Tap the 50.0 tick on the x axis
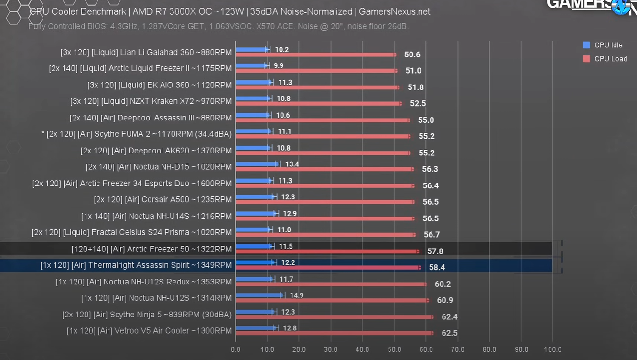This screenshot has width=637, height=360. pos(394,349)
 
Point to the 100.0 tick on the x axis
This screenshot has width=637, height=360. pos(553,349)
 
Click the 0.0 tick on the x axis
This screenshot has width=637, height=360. pos(236,349)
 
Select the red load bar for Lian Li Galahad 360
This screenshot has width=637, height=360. pos(315,55)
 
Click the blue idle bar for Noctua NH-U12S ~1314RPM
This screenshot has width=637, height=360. pos(259,295)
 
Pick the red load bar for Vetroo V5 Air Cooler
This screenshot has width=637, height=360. pos(335,333)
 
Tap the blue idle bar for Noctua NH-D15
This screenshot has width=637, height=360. pos(257,164)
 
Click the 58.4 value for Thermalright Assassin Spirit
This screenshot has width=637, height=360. pos(437,267)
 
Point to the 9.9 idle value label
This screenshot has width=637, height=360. pos(279,65)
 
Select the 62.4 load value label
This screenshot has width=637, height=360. pos(449,317)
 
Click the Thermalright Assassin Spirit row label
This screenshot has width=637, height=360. pos(136,265)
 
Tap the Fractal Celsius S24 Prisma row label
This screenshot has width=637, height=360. pos(132,232)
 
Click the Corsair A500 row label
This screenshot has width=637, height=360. pos(162,200)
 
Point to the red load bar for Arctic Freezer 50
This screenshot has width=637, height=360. pos(327,251)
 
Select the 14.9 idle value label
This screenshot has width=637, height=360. pos(296,295)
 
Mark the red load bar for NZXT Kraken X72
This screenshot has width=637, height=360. pos(318,104)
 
